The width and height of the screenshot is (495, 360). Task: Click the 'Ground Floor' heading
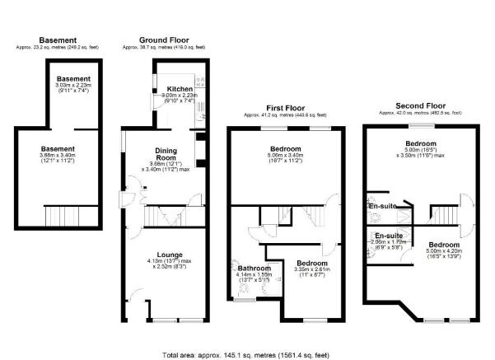(165, 40)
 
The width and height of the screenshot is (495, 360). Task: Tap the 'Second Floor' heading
(420, 105)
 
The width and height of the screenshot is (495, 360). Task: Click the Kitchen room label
(180, 88)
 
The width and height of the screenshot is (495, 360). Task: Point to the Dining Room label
(168, 154)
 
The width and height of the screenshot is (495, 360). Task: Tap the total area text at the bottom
(247, 354)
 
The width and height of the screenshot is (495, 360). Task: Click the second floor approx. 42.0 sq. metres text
(420, 112)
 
